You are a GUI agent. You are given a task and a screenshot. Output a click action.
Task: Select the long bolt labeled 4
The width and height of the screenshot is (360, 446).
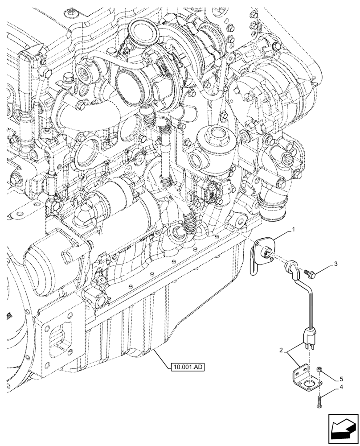(319, 402)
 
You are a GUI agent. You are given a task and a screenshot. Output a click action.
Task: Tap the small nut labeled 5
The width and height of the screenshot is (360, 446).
(319, 369)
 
